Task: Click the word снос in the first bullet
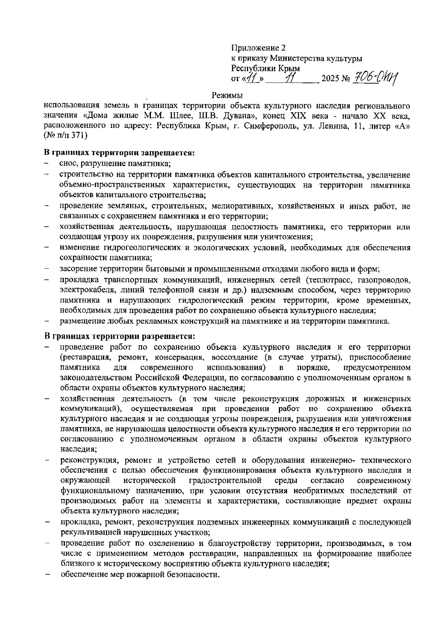(67, 163)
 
